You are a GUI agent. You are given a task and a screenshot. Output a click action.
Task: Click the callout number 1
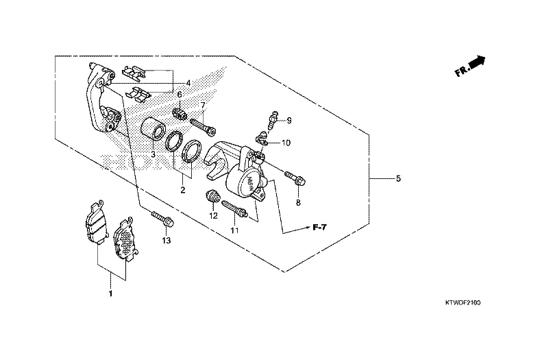[x=110, y=293]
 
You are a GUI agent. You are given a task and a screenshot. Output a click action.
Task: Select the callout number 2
[x=183, y=190]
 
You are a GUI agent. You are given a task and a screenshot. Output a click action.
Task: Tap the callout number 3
[x=153, y=155]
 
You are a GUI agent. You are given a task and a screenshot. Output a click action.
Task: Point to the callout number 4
[x=188, y=83]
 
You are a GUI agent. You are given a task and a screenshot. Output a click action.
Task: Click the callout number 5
[x=398, y=179]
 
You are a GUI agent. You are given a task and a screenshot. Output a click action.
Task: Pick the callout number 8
[x=298, y=203]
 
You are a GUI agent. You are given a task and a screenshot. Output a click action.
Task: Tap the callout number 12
[x=213, y=216]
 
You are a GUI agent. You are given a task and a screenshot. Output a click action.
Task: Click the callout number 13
[x=166, y=241]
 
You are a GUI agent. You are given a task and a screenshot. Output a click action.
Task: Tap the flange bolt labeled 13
[x=163, y=220]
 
